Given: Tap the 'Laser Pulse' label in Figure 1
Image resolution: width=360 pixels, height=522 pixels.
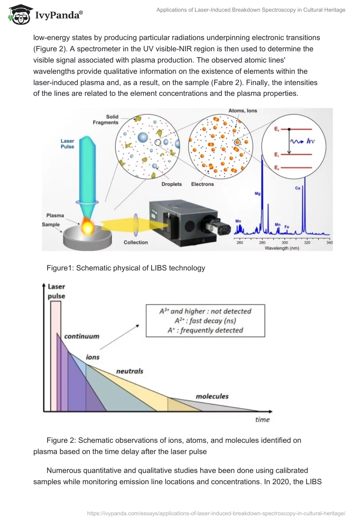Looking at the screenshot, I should point(67,144).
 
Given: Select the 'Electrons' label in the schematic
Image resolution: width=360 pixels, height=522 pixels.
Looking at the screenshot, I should point(202,184).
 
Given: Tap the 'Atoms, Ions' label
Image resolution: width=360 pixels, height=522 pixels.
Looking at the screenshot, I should point(243,110).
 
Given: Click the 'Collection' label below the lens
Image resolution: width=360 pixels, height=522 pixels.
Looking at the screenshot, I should point(135,243).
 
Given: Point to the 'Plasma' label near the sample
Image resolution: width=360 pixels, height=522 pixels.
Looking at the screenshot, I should point(55,216).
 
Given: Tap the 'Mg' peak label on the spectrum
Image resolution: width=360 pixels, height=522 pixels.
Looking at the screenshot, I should point(257,194).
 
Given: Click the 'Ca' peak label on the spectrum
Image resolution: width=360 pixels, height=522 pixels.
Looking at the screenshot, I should point(297,188).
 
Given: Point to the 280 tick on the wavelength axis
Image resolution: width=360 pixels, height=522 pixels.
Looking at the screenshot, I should point(262,243).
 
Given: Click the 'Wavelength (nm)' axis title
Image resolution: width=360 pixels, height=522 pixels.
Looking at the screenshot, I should point(282,248).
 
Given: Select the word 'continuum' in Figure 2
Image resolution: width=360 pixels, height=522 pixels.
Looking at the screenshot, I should point(81,336).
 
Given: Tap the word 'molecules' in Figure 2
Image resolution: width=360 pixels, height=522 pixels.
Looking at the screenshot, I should point(212,396).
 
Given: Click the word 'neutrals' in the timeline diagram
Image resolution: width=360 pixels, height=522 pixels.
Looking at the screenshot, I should point(130,371).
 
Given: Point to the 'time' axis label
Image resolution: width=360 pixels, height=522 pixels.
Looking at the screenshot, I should point(262,419).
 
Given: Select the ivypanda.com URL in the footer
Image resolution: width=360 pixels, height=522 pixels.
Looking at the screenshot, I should point(216,513).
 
